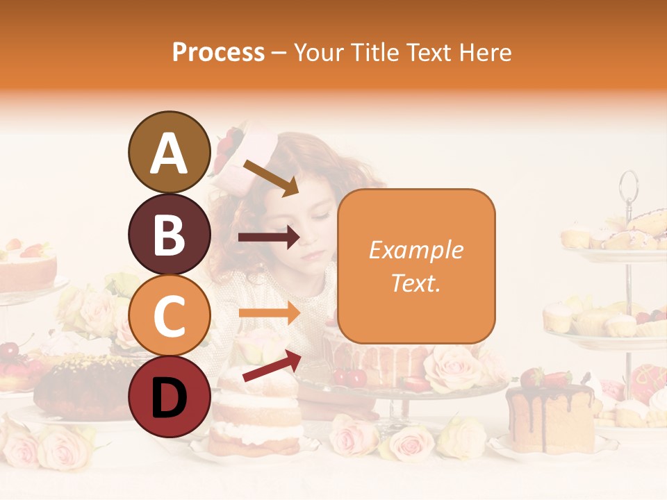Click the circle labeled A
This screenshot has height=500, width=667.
pyautogui.click(x=169, y=152)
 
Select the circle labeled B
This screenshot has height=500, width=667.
pyautogui.click(x=169, y=234)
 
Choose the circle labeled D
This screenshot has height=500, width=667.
pyautogui.click(x=169, y=397)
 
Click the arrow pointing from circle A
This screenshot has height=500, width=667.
pyautogui.click(x=270, y=178)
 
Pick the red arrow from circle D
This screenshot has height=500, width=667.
pyautogui.click(x=272, y=366)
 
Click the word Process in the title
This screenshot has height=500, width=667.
pyautogui.click(x=218, y=52)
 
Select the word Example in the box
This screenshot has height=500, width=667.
pyautogui.click(x=415, y=250)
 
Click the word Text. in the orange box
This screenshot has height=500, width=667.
pyautogui.click(x=415, y=283)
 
